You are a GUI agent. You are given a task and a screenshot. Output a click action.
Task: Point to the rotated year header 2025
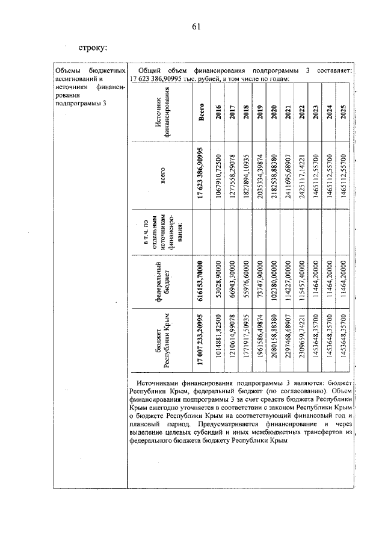pyautogui.click(x=342, y=113)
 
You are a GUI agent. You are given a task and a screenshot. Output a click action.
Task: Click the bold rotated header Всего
pyautogui.click(x=202, y=113)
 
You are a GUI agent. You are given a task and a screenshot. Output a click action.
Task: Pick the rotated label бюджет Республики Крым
pyautogui.click(x=164, y=340)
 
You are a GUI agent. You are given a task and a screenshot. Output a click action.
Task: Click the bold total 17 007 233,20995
pyautogui.click(x=202, y=341)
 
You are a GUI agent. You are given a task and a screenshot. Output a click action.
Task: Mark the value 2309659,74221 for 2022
pyautogui.click(x=301, y=341)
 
